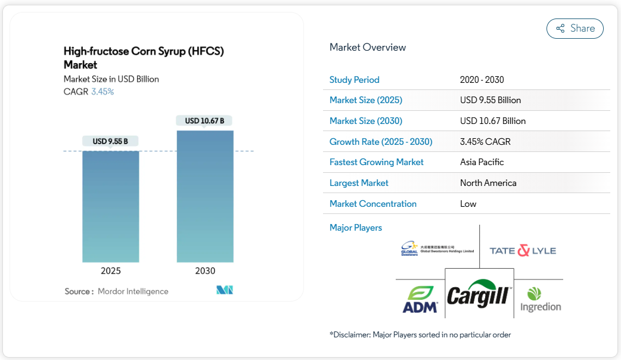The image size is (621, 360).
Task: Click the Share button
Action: click(x=575, y=29)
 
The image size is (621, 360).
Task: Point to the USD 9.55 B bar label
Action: click(x=111, y=141)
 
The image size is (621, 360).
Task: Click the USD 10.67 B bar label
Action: click(x=204, y=121)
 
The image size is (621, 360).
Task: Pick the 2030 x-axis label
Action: click(x=205, y=271)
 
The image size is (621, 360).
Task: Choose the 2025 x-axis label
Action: click(x=111, y=271)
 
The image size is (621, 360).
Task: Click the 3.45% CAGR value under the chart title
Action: click(x=103, y=92)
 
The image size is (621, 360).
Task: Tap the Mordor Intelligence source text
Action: click(x=133, y=291)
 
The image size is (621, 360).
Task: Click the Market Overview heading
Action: click(x=368, y=48)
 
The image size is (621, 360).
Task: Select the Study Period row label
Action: click(x=355, y=80)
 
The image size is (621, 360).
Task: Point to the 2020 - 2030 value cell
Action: click(x=482, y=80)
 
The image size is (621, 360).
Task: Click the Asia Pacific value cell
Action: click(x=482, y=162)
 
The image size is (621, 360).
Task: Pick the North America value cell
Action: click(x=488, y=183)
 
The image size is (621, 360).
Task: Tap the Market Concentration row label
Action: click(x=373, y=204)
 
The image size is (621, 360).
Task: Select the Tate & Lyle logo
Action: click(x=523, y=250)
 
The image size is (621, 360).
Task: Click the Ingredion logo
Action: click(x=539, y=299)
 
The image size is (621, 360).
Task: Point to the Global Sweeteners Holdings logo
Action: click(x=437, y=249)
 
